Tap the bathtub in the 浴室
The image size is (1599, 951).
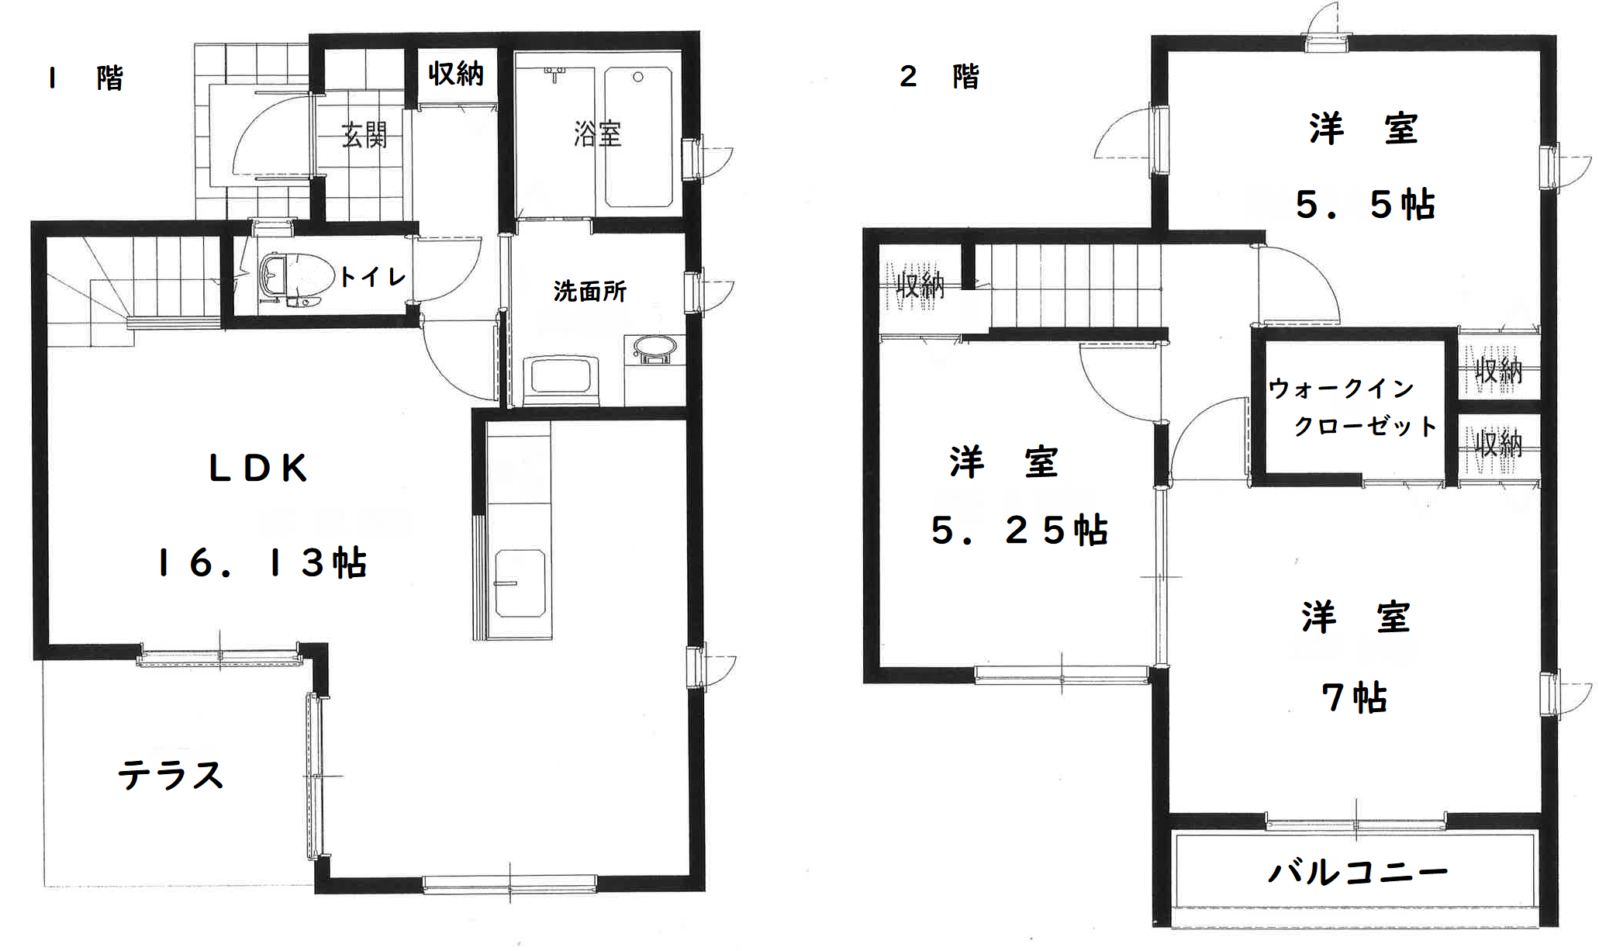point(638,137)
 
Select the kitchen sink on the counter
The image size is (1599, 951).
point(520,583)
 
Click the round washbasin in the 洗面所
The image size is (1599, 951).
point(655,349)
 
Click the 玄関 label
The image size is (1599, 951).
point(364,136)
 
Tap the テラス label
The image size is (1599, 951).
point(171,775)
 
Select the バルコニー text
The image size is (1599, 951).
point(1358,873)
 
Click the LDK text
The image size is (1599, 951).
point(258,468)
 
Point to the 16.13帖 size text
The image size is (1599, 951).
point(262,563)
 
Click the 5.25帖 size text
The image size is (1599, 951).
point(1019,531)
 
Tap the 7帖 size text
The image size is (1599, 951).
point(1355,697)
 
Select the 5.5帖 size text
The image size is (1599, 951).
point(1366,205)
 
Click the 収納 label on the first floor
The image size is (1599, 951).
point(456,74)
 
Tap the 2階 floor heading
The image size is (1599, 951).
point(939,77)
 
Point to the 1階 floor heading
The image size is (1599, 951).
point(85,78)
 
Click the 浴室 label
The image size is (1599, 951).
point(598,134)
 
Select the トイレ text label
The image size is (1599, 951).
point(373,277)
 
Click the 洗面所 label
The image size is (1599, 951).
point(589,292)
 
